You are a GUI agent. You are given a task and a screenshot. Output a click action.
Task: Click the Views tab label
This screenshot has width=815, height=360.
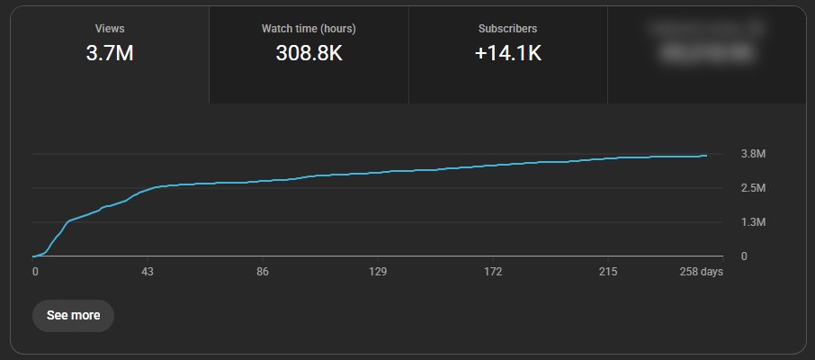pyautogui.click(x=110, y=29)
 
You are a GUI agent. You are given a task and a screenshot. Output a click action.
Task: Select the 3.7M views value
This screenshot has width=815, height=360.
pyautogui.click(x=110, y=53)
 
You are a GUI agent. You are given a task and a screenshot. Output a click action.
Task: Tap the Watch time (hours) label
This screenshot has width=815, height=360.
pyautogui.click(x=309, y=29)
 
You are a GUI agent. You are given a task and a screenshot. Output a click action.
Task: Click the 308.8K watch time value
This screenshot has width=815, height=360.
pyautogui.click(x=309, y=53)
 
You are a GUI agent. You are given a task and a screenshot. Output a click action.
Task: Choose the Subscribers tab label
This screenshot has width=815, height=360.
pyautogui.click(x=507, y=29)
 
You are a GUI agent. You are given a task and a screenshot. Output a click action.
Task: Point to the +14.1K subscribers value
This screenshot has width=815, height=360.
pyautogui.click(x=507, y=53)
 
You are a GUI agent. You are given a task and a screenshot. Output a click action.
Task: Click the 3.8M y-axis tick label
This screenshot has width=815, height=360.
pyautogui.click(x=753, y=154)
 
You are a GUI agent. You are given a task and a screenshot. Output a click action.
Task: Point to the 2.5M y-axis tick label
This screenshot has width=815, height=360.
pyautogui.click(x=753, y=188)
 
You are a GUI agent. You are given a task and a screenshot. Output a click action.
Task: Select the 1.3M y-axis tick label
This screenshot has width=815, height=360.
pyautogui.click(x=753, y=222)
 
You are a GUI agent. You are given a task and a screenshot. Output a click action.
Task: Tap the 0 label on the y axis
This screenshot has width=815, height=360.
pyautogui.click(x=744, y=256)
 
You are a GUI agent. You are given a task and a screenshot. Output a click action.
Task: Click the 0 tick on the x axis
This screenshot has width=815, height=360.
pyautogui.click(x=35, y=272)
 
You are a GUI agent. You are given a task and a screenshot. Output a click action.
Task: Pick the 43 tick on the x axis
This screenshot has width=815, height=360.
pyautogui.click(x=148, y=272)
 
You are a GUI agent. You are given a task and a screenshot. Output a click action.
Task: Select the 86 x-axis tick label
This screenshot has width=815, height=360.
pyautogui.click(x=263, y=272)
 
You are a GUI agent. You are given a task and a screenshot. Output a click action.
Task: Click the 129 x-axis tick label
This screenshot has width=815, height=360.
pyautogui.click(x=378, y=272)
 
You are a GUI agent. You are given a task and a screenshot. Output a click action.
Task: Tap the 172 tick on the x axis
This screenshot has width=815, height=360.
pyautogui.click(x=492, y=272)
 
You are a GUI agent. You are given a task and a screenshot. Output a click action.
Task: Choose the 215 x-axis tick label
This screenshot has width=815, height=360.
pyautogui.click(x=607, y=272)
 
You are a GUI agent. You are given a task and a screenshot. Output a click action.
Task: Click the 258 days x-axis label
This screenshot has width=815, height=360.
pyautogui.click(x=700, y=272)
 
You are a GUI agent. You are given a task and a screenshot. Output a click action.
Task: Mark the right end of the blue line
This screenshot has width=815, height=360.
pyautogui.click(x=706, y=155)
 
